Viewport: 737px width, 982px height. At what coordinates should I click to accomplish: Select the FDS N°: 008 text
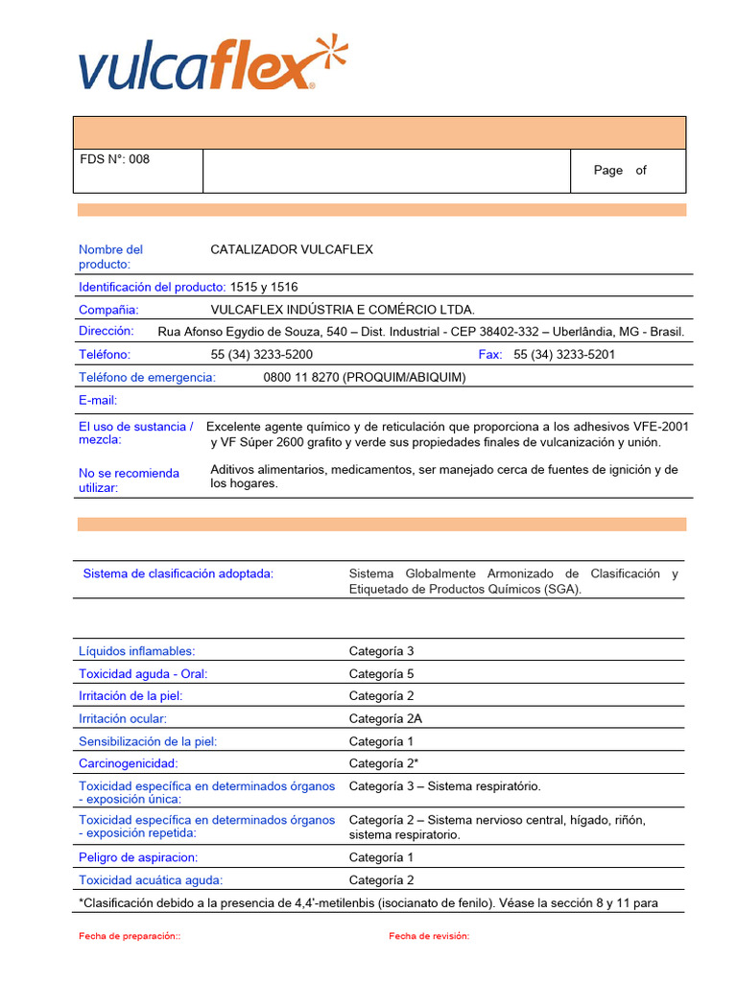click(x=114, y=159)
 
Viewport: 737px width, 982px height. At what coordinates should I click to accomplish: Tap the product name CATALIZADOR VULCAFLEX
click(x=292, y=249)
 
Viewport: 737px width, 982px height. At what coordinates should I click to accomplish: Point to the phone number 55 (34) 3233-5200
click(x=262, y=354)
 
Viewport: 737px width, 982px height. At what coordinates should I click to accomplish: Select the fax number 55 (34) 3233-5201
click(x=564, y=354)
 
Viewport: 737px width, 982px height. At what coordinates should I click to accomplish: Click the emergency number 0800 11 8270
click(x=364, y=377)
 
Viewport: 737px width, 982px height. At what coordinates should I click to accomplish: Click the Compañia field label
click(x=108, y=309)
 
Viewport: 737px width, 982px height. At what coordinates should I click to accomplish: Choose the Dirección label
click(x=106, y=331)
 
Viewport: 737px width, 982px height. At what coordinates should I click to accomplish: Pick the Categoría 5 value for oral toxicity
click(x=381, y=673)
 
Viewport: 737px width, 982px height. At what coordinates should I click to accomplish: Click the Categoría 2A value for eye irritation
click(x=385, y=718)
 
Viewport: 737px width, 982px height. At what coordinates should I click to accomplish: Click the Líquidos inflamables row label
click(x=136, y=650)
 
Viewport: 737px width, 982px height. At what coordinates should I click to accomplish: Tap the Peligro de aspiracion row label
click(x=138, y=857)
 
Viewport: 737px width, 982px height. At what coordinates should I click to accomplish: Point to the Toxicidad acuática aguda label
click(x=150, y=879)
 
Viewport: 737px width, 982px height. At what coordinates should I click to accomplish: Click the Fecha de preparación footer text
click(x=130, y=936)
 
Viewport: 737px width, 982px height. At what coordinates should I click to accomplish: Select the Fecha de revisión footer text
click(x=429, y=936)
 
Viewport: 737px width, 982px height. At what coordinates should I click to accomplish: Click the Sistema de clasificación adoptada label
click(x=178, y=573)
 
